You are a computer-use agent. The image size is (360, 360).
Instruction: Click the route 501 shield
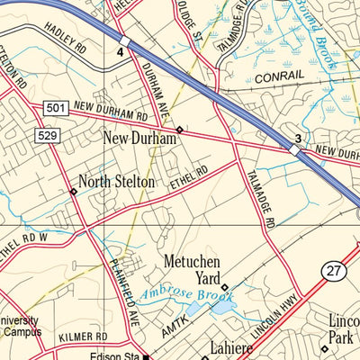(55, 108)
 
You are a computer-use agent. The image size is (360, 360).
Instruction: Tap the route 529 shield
(48, 134)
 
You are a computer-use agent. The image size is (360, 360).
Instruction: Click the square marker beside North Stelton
(73, 191)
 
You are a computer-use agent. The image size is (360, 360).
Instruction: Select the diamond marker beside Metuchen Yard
(225, 288)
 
